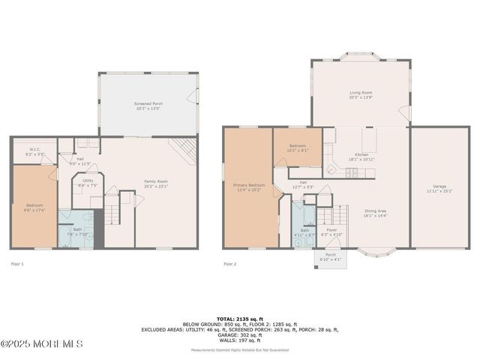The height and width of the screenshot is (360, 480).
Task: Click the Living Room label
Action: click(361, 95)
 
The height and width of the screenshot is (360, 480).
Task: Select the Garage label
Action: click(439, 187)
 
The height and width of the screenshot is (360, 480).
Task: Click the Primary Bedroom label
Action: click(248, 186)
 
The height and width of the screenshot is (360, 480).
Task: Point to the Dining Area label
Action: click(375, 214)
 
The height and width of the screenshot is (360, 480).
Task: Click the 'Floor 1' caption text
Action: click(17, 264)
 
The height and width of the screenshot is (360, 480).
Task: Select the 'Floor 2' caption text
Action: click(229, 264)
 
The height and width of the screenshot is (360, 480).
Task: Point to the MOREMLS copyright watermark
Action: click(41, 344)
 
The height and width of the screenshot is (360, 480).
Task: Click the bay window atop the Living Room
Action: click(361, 56)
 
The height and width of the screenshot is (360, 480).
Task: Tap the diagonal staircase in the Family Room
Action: click(182, 149)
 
